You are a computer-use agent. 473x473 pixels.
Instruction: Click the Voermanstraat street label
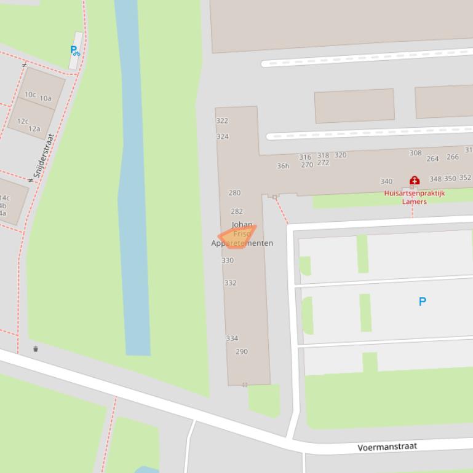tap(387, 447)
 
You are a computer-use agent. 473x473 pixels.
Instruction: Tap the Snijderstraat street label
tap(44, 156)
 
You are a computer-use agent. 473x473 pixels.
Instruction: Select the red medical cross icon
tap(415, 181)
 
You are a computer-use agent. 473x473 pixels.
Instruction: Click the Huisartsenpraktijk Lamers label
tap(414, 197)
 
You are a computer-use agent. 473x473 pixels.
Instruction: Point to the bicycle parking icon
tap(74, 51)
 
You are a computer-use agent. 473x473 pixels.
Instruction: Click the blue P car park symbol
tap(423, 302)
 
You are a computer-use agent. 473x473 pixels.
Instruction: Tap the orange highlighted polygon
tap(237, 237)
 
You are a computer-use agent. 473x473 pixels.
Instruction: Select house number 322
tap(222, 121)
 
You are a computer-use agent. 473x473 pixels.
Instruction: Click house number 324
tap(223, 136)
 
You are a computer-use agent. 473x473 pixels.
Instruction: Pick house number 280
tap(234, 193)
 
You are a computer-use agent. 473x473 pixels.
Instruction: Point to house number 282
tap(237, 211)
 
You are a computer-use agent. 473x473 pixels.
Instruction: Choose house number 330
tap(228, 260)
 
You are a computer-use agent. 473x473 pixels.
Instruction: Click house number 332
tap(230, 283)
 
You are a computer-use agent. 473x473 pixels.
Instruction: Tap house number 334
tap(232, 338)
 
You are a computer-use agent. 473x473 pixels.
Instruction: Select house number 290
tap(242, 352)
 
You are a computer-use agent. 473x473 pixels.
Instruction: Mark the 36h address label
tap(283, 166)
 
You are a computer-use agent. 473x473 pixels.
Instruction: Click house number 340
tap(386, 181)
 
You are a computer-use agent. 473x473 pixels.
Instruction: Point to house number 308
tap(415, 153)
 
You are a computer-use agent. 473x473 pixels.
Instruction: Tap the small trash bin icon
tap(36, 349)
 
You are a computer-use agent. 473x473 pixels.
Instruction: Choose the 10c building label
tap(30, 95)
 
